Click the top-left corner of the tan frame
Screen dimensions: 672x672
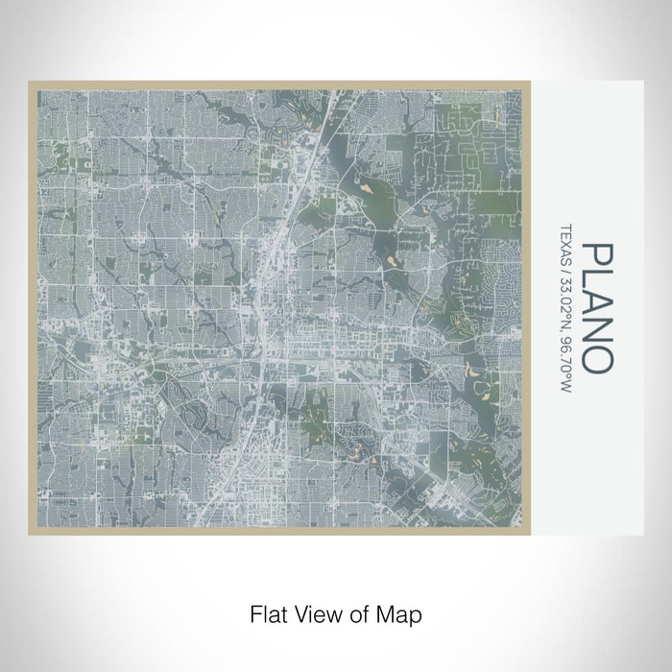pyautogui.click(x=30, y=83)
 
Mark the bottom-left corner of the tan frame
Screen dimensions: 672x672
pyautogui.click(x=30, y=534)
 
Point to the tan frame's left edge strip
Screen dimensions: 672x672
pyautogui.click(x=33, y=307)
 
